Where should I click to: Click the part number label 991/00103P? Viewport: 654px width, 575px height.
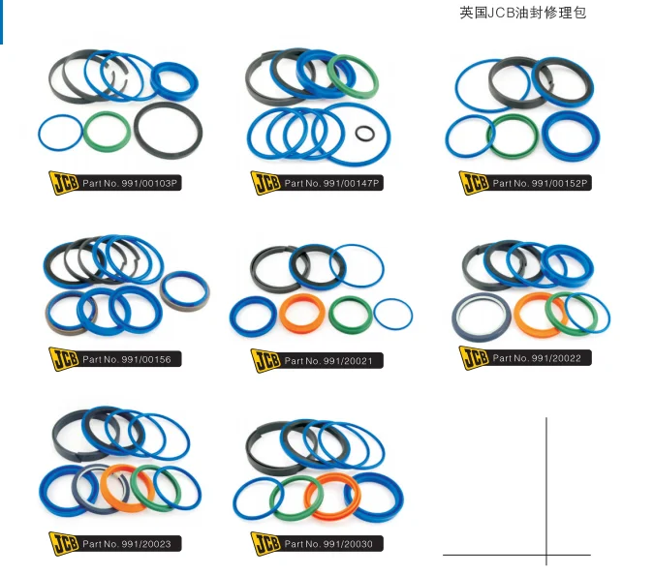pyautogui.click(x=131, y=182)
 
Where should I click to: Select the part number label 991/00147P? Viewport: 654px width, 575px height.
pyautogui.click(x=332, y=182)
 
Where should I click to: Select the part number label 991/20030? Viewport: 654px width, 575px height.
pyautogui.click(x=332, y=544)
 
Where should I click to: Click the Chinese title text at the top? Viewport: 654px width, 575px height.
pyautogui.click(x=522, y=14)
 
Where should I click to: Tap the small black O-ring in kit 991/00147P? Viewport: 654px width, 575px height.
pyautogui.click(x=365, y=134)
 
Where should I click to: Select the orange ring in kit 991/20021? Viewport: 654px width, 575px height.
pyautogui.click(x=302, y=313)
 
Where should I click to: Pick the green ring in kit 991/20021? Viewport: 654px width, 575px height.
pyautogui.click(x=350, y=313)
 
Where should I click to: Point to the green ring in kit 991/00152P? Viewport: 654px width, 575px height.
pyautogui.click(x=513, y=136)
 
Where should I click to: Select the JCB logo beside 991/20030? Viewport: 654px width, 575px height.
pyautogui.click(x=265, y=544)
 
